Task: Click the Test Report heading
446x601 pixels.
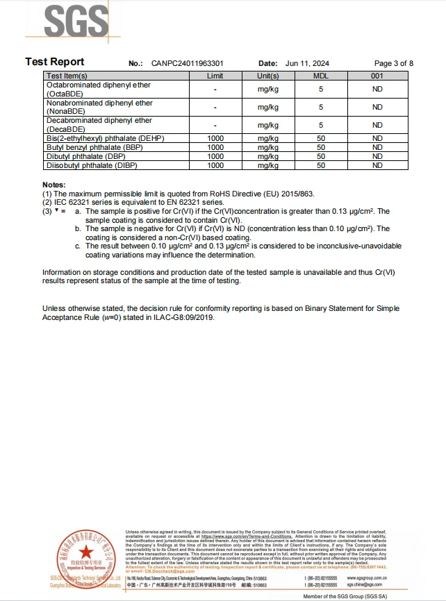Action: point(55,62)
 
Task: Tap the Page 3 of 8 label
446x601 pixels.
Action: point(394,63)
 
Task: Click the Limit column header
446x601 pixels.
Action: point(215,76)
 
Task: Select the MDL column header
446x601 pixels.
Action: point(321,76)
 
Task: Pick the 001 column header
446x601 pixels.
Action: point(377,76)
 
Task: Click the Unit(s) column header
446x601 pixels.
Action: point(268,76)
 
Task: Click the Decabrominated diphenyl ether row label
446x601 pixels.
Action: point(99,121)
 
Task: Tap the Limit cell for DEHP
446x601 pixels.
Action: point(215,139)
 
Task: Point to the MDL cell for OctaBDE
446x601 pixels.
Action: point(321,90)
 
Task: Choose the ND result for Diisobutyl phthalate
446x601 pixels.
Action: point(377,166)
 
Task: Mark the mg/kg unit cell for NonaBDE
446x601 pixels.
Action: point(268,108)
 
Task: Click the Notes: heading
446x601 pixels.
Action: point(53,185)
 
